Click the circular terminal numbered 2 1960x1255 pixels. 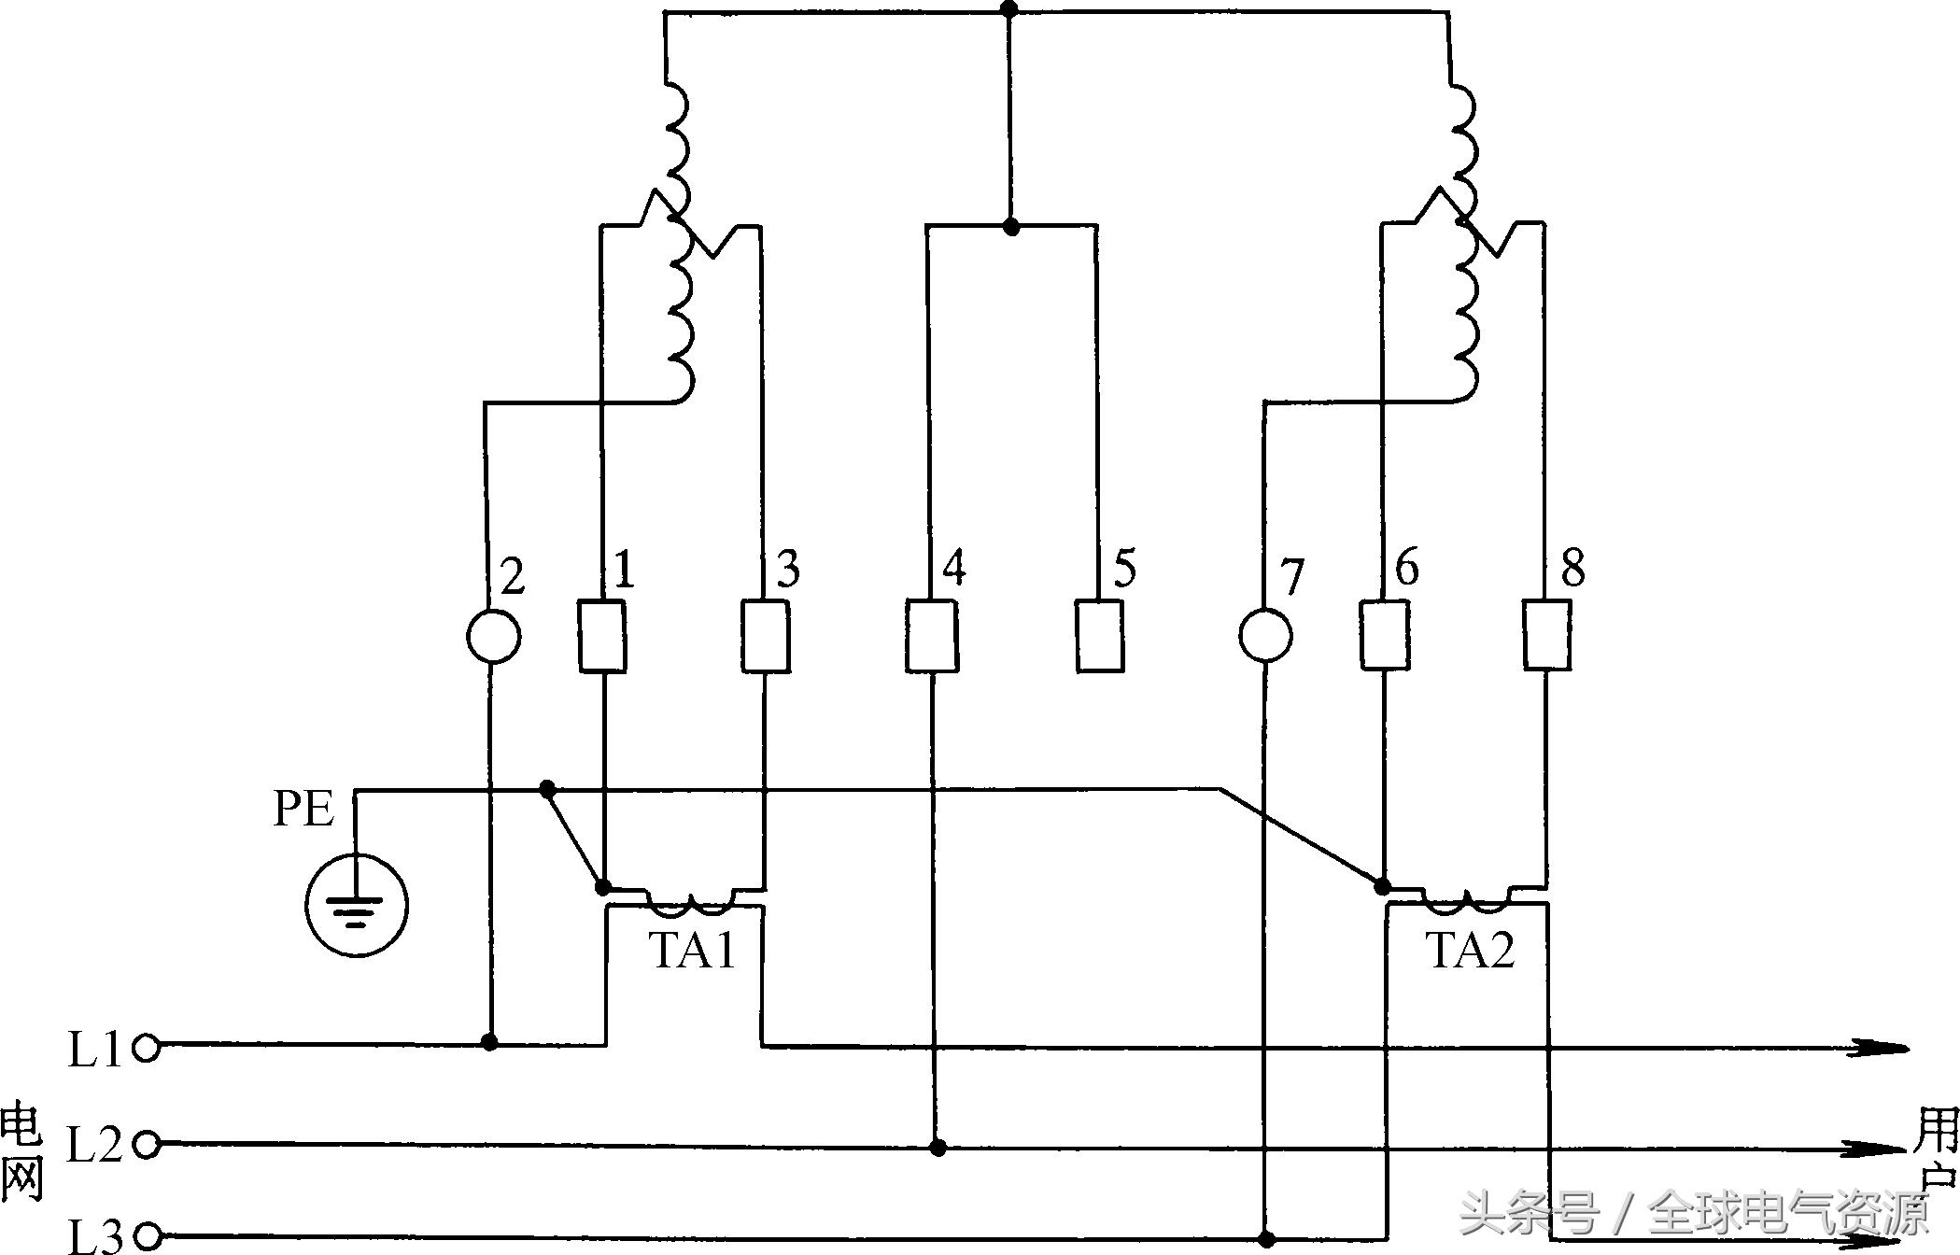(x=493, y=636)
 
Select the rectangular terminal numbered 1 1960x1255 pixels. (x=602, y=636)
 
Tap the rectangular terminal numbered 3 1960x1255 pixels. (x=766, y=636)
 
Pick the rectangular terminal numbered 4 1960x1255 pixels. (x=931, y=636)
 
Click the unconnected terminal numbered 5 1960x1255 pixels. (x=1099, y=636)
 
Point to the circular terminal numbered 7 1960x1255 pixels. (x=1265, y=636)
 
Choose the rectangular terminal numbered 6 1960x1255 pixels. (x=1384, y=636)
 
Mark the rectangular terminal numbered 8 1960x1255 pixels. (x=1547, y=636)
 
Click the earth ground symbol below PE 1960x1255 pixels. (x=356, y=904)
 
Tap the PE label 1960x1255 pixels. (x=303, y=809)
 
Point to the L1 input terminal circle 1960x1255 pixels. (x=147, y=1048)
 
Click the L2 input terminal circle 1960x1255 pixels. (x=147, y=1144)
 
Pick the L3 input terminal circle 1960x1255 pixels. (x=147, y=1237)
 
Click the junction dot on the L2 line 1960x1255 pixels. (x=938, y=1147)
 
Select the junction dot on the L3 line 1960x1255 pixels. (x=1266, y=1239)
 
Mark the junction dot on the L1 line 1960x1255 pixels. (x=489, y=1041)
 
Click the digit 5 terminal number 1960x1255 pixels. (x=1124, y=568)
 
